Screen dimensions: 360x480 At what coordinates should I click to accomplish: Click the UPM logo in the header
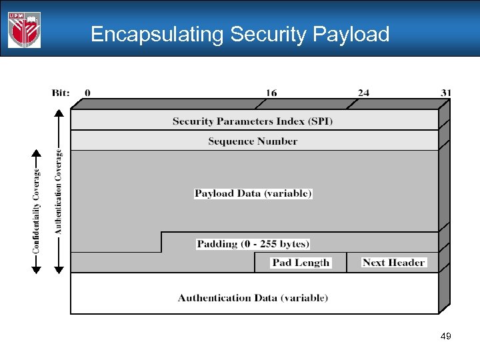[24, 30]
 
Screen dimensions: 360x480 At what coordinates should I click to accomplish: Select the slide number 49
[446, 337]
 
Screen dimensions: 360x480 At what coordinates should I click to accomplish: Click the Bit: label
[61, 93]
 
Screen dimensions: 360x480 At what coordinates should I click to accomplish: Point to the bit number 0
[87, 93]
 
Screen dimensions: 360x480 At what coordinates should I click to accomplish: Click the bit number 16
[271, 93]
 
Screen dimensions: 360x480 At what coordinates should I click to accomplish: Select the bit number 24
[363, 93]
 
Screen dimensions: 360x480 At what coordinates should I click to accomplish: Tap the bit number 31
[445, 93]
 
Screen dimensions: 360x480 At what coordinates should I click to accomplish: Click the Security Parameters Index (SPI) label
[253, 121]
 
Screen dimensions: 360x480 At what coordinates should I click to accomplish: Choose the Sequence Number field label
[253, 141]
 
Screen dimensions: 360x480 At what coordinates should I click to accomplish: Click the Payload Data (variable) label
[253, 193]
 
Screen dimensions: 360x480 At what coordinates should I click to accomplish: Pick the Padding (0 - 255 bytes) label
[253, 243]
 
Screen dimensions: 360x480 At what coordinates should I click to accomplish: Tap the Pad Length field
[301, 263]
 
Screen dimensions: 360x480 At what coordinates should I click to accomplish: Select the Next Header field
[393, 263]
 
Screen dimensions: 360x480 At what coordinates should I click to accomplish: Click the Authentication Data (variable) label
[253, 297]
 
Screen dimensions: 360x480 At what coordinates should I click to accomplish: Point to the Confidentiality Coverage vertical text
[37, 211]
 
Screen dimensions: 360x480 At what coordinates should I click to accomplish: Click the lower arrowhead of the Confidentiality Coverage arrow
[37, 269]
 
